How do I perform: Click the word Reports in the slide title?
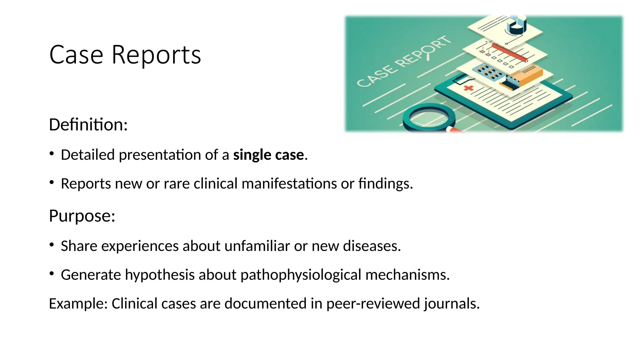tap(156, 55)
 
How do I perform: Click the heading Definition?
tap(88, 125)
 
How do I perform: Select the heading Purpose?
tap(82, 216)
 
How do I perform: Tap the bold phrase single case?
tap(268, 155)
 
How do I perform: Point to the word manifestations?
tap(289, 184)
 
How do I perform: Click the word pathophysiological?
tap(301, 275)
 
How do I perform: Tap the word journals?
tap(452, 304)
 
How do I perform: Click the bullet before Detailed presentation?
tap(52, 153)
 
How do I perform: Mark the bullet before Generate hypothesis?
tap(52, 274)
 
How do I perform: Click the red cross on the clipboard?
tap(468, 88)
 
